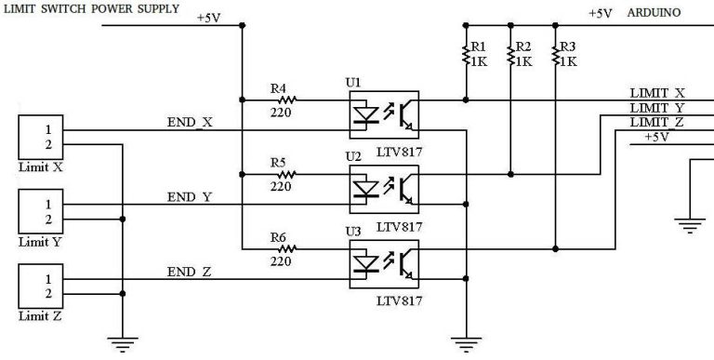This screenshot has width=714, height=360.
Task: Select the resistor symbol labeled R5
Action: (x=284, y=173)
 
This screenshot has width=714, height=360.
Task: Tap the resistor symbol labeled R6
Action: (x=284, y=248)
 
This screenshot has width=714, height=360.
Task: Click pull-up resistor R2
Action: (x=510, y=55)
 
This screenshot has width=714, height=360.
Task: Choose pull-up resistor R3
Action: (x=555, y=55)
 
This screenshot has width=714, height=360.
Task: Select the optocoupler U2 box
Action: (x=382, y=187)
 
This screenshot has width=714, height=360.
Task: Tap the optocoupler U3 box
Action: (x=382, y=262)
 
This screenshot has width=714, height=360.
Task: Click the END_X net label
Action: (x=191, y=122)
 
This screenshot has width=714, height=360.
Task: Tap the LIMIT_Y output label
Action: (x=657, y=108)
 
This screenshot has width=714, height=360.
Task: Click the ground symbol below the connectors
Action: (x=123, y=343)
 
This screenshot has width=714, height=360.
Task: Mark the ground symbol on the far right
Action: (x=689, y=223)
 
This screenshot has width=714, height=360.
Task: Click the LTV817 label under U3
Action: (x=399, y=300)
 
